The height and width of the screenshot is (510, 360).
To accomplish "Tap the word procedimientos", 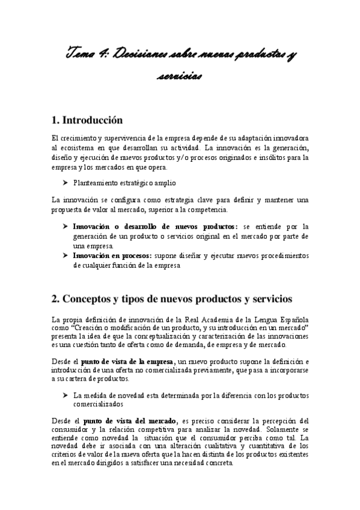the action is click(x=282, y=256).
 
